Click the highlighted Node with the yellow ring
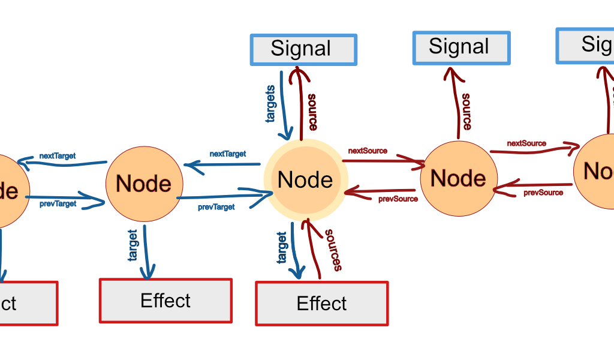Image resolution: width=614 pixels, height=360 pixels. (306, 181)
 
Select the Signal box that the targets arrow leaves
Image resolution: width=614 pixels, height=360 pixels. (303, 49)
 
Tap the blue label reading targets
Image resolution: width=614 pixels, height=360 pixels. (271, 104)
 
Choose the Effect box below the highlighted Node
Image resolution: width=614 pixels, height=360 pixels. (322, 304)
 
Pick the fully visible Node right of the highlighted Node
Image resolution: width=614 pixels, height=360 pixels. (458, 178)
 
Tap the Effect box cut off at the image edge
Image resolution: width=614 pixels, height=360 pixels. (27, 303)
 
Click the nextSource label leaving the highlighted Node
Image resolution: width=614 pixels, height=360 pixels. (368, 151)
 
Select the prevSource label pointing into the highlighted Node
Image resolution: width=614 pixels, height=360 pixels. (398, 199)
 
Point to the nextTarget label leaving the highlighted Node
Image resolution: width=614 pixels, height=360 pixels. (228, 154)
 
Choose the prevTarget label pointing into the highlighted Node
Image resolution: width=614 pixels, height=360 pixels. (216, 207)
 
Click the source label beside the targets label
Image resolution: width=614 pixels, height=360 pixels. (312, 112)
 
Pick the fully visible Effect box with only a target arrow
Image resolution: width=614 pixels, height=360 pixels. (165, 301)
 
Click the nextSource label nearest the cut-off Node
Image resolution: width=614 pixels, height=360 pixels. (526, 143)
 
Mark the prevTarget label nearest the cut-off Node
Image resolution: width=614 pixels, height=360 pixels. (58, 204)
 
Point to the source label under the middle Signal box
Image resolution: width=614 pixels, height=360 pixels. (466, 111)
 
